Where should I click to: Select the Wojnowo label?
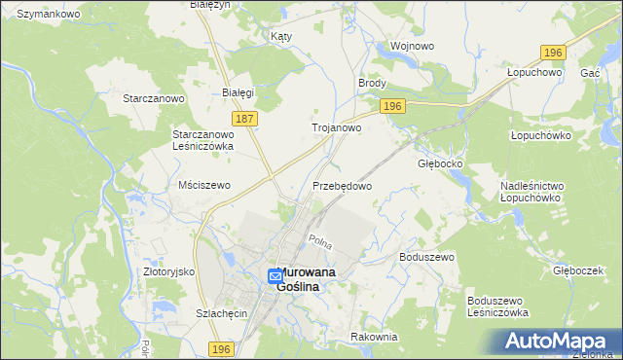pyautogui.click(x=411, y=46)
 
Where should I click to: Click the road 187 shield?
pyautogui.click(x=245, y=119)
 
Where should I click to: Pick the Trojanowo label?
pyautogui.click(x=337, y=127)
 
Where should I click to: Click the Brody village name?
pyautogui.click(x=373, y=85)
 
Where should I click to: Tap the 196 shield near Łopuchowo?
pyautogui.click(x=554, y=52)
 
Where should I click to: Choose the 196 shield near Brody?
pyautogui.click(x=392, y=106)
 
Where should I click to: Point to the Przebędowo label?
pyautogui.click(x=342, y=185)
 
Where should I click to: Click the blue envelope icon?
pyautogui.click(x=275, y=277)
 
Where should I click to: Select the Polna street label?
pyautogui.click(x=320, y=240)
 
